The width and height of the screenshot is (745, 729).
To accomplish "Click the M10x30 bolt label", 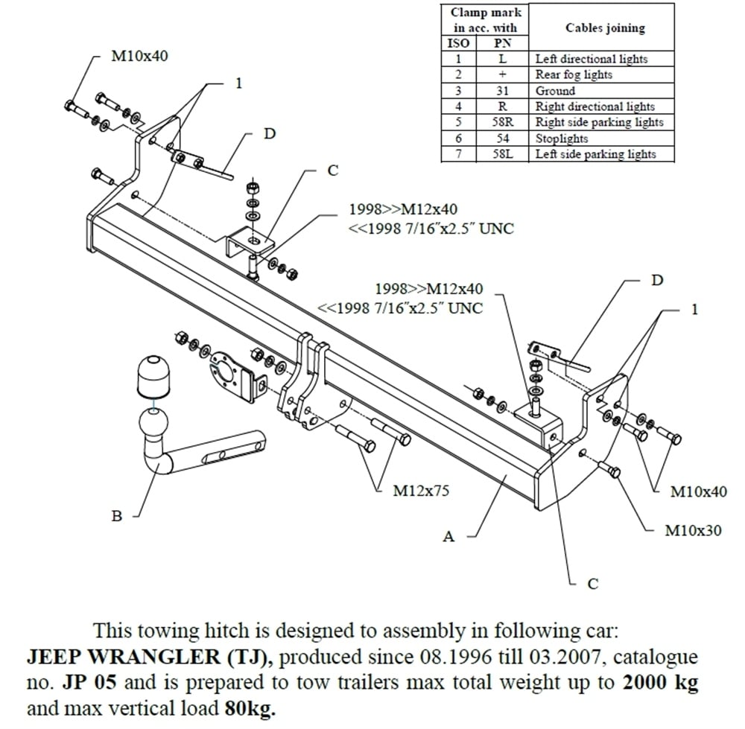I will [693, 531].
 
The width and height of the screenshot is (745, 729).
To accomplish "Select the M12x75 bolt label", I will [420, 491].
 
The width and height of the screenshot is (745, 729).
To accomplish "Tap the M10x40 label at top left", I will [139, 57].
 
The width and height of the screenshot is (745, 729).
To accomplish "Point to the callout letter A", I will [448, 536].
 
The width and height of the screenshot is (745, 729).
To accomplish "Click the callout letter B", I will [117, 516].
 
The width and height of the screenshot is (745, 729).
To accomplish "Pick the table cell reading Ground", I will [555, 91].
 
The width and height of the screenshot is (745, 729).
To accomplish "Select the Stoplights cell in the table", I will [562, 139].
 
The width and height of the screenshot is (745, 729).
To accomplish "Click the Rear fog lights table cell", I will [574, 74].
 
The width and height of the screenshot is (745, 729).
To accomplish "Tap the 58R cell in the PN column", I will [502, 122].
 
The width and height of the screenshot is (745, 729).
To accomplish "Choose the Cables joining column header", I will [605, 28].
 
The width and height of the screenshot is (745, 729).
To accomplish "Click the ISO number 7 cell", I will [459, 154].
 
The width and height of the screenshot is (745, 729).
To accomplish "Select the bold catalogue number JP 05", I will [79, 682].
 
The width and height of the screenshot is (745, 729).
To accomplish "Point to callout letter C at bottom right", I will [592, 584].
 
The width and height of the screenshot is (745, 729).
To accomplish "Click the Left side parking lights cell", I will [595, 154].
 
